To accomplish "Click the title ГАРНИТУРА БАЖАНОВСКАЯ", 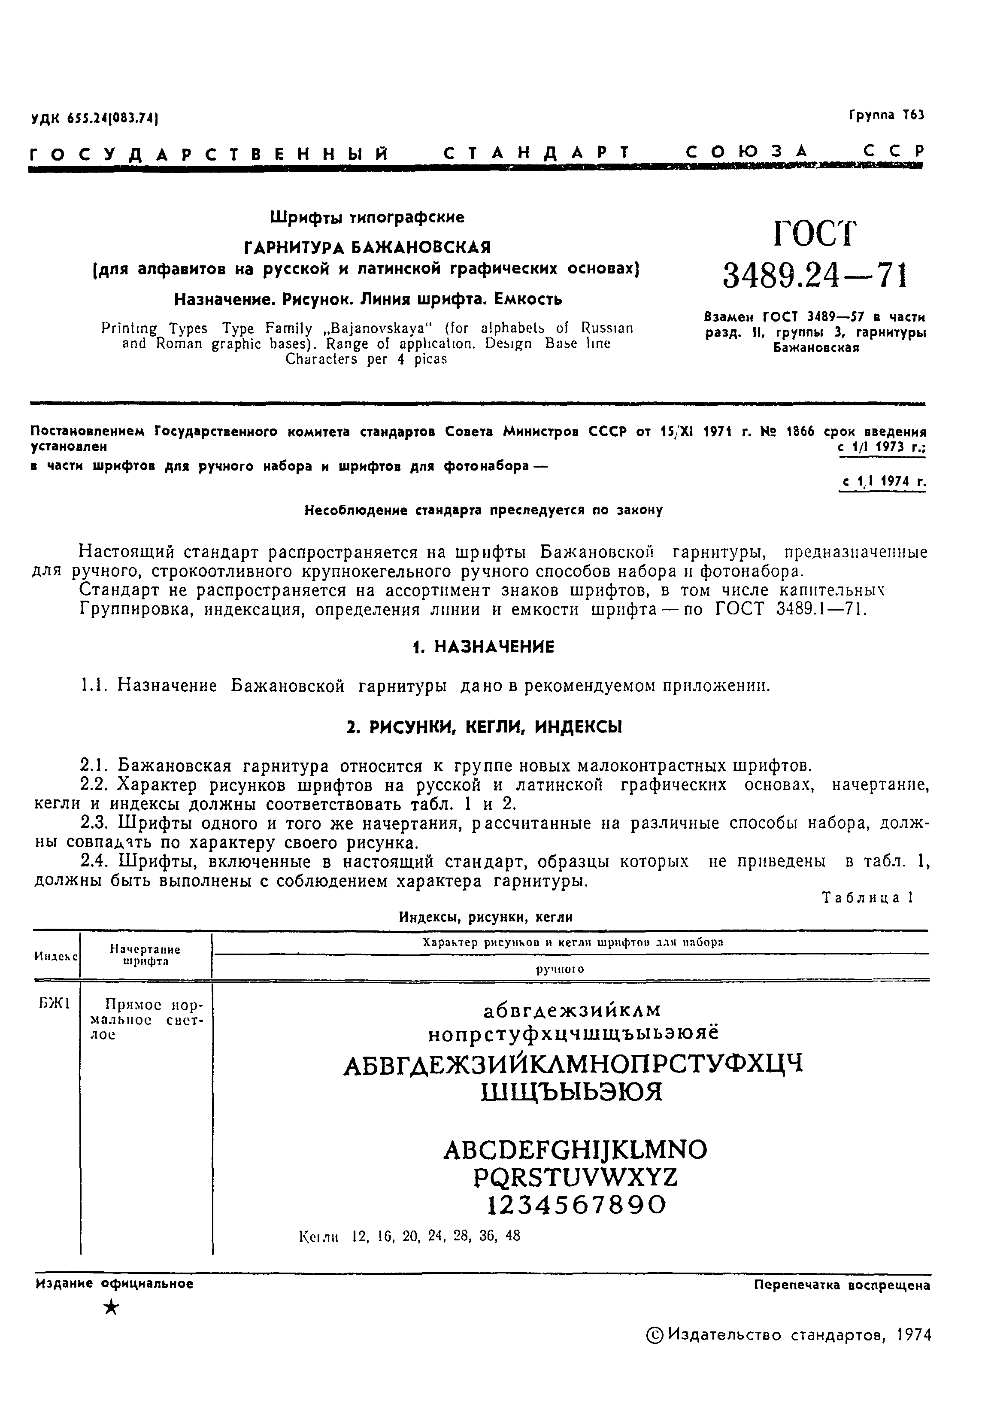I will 367,247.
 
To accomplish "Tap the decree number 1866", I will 802,431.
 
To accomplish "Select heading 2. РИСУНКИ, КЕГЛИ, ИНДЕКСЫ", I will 484,727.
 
